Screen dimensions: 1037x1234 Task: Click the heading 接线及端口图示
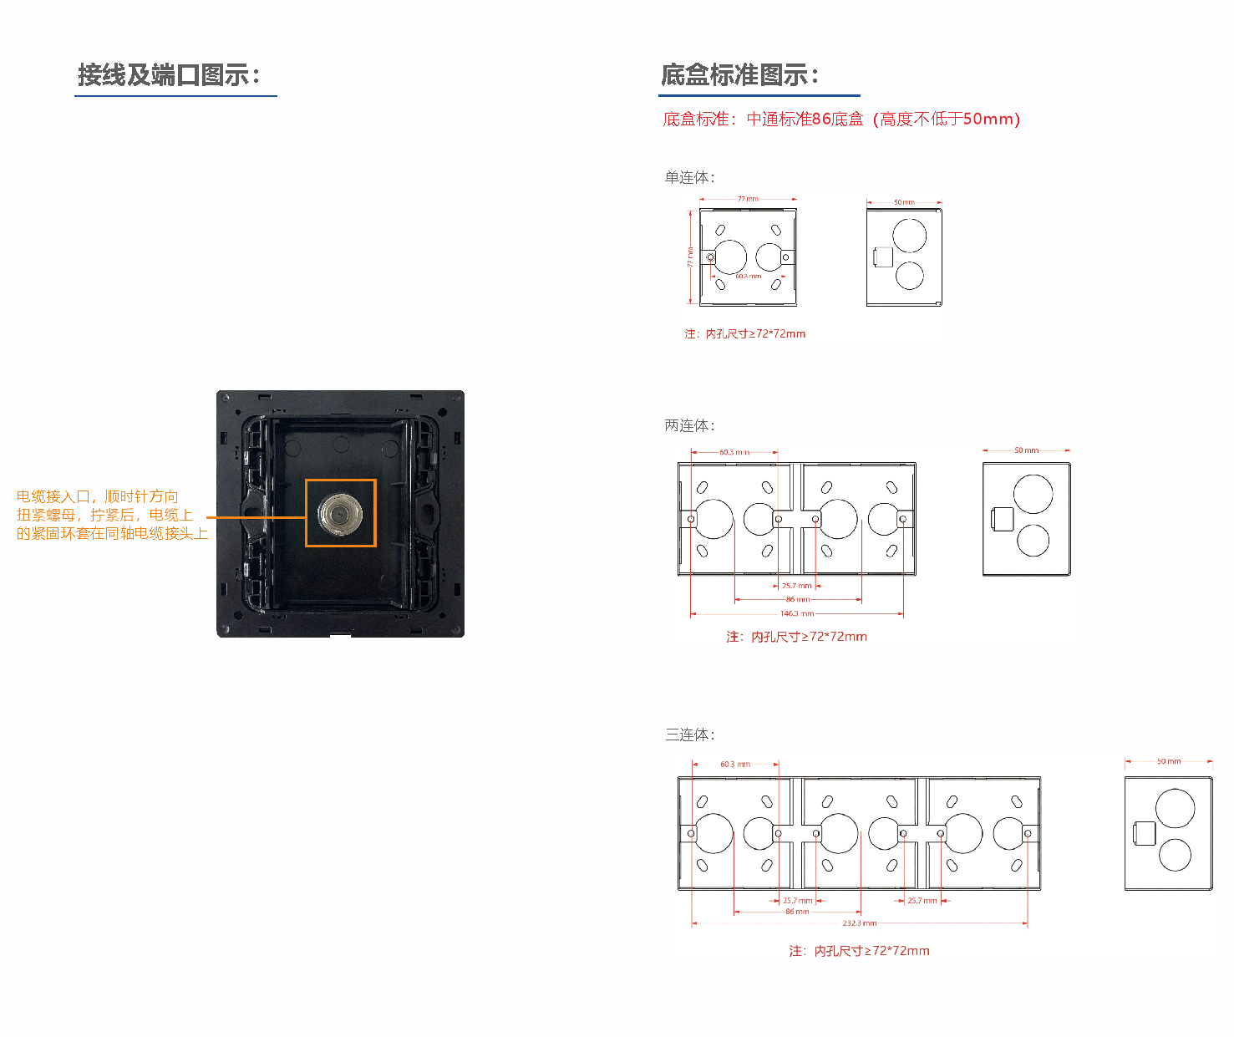(x=169, y=75)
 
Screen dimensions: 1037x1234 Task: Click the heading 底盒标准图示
(x=739, y=75)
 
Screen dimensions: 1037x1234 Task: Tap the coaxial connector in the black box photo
(x=340, y=513)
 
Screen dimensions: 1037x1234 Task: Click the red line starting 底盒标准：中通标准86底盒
(x=841, y=119)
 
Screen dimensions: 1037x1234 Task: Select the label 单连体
(x=689, y=177)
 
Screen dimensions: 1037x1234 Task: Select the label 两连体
(x=689, y=425)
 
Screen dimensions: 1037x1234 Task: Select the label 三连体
(x=689, y=735)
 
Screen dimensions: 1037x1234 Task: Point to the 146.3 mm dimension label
(x=796, y=613)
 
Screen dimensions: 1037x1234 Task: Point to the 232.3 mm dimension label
(x=859, y=923)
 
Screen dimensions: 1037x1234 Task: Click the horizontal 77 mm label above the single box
(x=748, y=199)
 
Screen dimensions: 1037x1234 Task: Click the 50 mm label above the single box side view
(x=904, y=202)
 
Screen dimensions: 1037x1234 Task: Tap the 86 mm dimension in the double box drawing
(x=797, y=599)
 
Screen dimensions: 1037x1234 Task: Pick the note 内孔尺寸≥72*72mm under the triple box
(x=859, y=951)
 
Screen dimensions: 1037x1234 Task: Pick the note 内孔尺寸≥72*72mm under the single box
(x=744, y=333)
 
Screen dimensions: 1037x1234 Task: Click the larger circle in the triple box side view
(x=1175, y=809)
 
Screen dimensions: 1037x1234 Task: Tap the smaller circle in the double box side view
(x=1033, y=541)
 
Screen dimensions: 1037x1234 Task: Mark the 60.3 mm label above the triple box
(x=735, y=764)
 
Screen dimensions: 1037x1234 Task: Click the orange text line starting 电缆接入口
(x=97, y=496)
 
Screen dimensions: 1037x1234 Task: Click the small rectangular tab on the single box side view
(x=882, y=257)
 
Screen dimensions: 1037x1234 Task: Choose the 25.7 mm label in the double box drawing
(x=796, y=586)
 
